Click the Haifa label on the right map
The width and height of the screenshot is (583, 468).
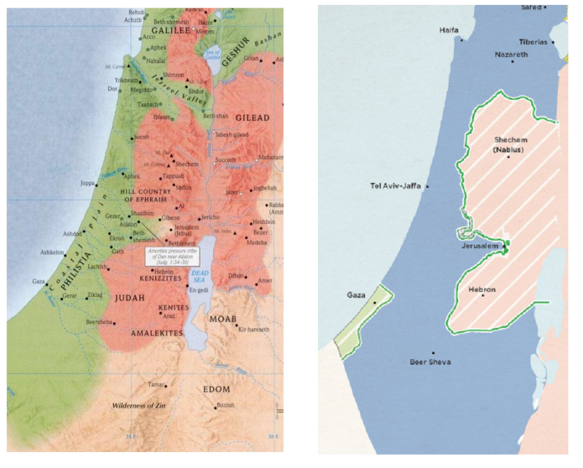click(x=449, y=31)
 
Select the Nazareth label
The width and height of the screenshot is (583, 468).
click(x=511, y=54)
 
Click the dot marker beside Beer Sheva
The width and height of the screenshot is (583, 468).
click(x=433, y=352)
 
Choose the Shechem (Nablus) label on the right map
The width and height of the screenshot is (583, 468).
click(x=509, y=144)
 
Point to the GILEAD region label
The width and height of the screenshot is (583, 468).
click(x=252, y=118)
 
